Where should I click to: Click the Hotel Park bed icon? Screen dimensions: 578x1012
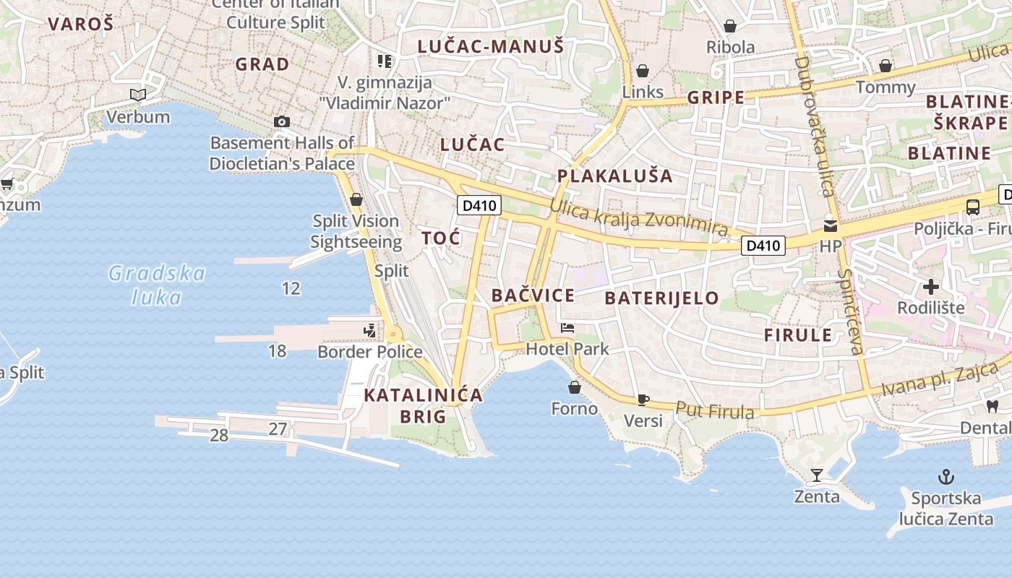coord(567,328)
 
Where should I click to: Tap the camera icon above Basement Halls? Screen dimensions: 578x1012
coord(282,121)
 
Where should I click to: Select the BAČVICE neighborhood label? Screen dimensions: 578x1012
coord(533,295)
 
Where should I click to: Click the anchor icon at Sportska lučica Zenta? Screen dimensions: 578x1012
coord(945,477)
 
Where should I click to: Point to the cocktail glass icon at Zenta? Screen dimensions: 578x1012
coord(817,475)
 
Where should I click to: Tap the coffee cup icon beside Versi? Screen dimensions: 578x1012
coord(643,400)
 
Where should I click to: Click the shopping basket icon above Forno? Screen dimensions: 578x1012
coord(575,388)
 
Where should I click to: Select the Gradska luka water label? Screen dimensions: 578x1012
coord(157,285)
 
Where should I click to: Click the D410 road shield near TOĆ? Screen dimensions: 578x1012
coord(479,205)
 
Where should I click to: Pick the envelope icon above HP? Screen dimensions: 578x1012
coord(831,225)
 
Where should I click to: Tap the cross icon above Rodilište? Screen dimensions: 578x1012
coord(931,287)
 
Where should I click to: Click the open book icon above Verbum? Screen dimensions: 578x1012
coord(138,95)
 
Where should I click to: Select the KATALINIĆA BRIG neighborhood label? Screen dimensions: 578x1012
coord(423,405)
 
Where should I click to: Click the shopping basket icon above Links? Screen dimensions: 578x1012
coord(642,71)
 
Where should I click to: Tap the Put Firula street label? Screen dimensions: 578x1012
coord(714,410)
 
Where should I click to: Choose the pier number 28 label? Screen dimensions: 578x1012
coord(219,435)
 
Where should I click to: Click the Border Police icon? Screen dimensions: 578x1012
coord(370,331)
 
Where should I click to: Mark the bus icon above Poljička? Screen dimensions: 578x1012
coord(973,207)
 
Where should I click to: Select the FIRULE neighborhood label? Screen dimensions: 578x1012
coord(798,335)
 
